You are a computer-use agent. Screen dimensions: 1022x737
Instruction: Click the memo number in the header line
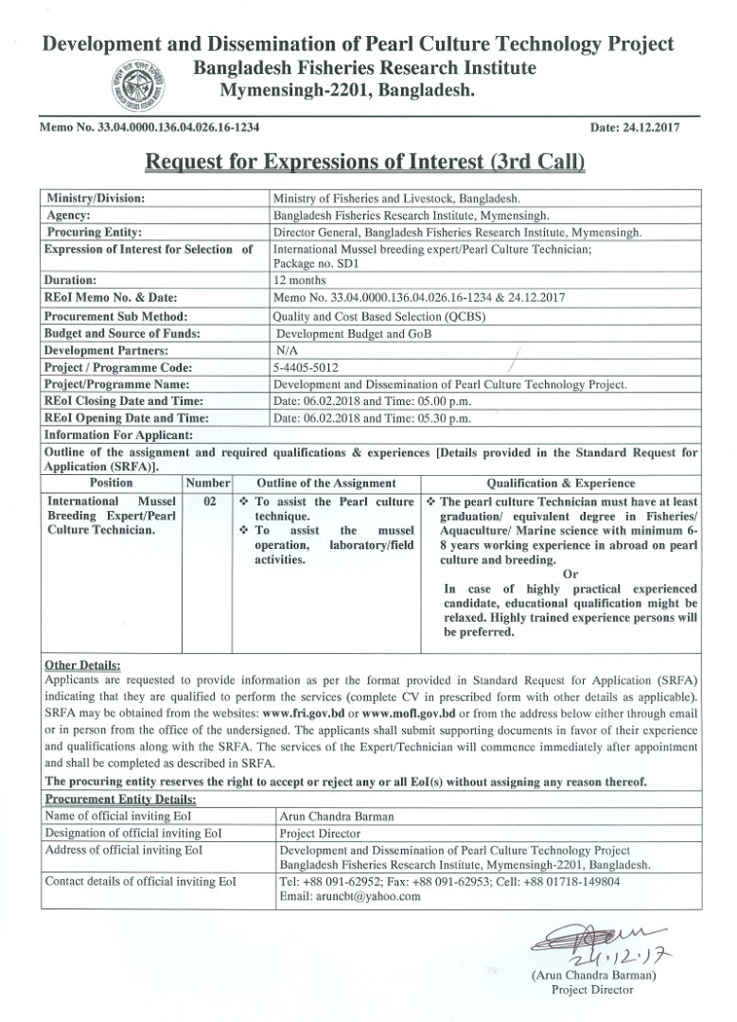149,126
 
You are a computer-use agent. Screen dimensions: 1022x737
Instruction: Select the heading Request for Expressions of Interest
365,162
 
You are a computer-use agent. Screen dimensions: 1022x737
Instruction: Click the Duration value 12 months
299,280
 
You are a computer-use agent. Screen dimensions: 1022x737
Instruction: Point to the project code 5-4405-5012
307,367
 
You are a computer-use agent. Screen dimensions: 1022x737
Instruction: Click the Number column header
208,481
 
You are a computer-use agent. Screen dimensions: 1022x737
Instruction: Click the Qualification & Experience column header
561,481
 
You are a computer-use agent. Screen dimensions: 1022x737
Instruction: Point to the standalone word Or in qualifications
570,573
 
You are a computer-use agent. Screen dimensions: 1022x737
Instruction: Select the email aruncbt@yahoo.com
350,897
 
